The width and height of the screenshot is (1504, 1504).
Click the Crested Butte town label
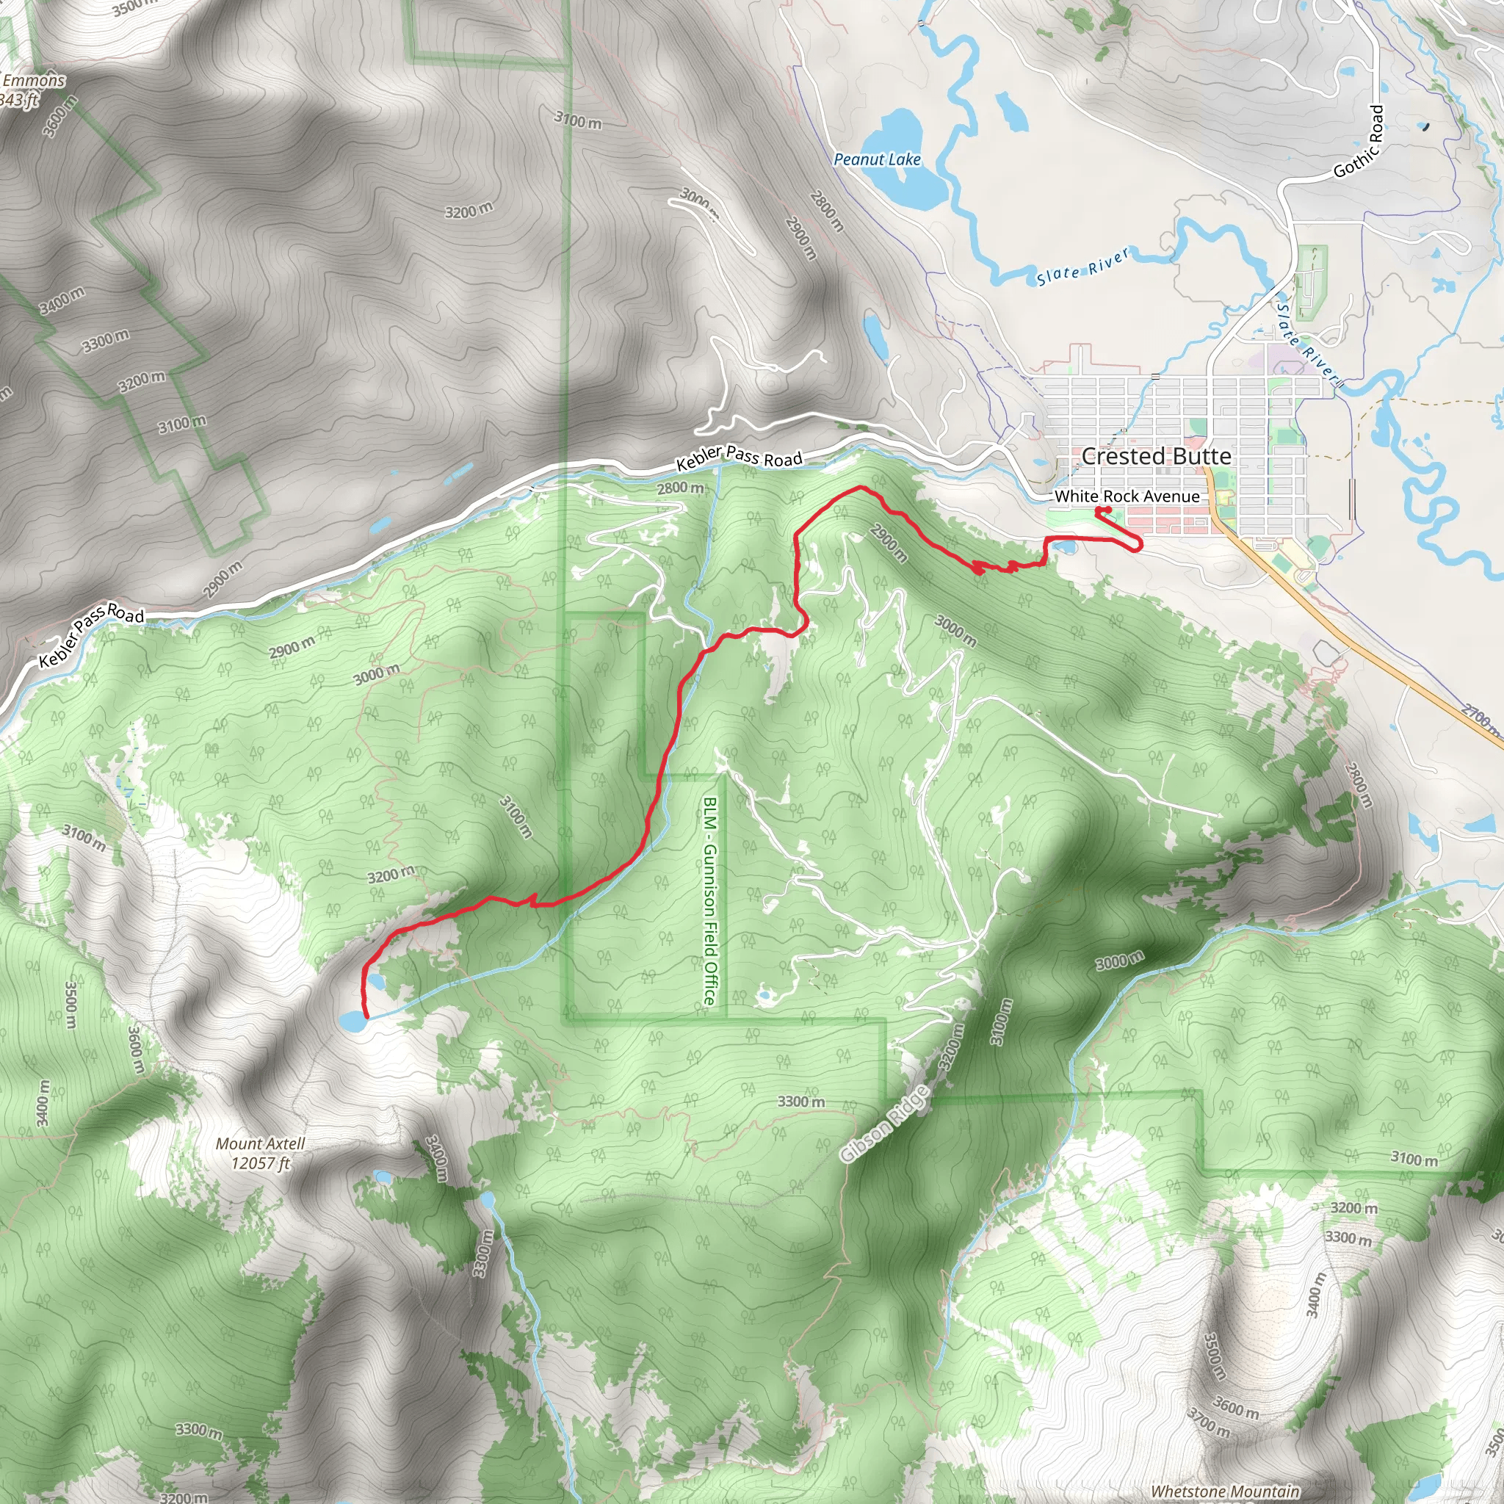[x=1156, y=456]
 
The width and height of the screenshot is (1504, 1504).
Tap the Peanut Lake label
[x=877, y=159]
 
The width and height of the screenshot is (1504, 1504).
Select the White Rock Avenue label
[x=1127, y=496]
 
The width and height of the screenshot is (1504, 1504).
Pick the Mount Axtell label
[x=260, y=1143]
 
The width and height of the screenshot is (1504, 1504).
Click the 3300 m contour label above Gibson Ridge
[x=801, y=1102]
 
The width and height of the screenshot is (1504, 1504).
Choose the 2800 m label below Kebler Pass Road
[x=679, y=488]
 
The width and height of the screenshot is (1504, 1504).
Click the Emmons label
[x=34, y=80]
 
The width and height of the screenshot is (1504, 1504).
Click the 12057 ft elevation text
[x=261, y=1163]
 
